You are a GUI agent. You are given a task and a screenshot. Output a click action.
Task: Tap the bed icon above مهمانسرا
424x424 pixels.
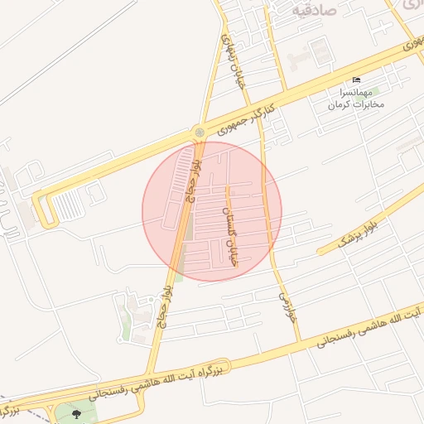[356, 79]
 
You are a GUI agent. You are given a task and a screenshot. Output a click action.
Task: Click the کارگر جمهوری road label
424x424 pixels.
[245, 120]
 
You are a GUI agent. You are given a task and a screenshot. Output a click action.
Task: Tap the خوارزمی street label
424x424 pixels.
[285, 306]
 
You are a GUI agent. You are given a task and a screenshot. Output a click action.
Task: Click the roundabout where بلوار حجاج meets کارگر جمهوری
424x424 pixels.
[199, 132]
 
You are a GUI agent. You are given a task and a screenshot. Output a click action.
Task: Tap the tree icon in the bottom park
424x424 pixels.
[77, 413]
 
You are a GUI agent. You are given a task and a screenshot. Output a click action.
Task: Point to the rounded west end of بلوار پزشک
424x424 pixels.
[320, 250]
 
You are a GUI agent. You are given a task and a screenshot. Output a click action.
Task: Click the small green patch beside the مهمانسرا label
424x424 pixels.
[374, 90]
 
